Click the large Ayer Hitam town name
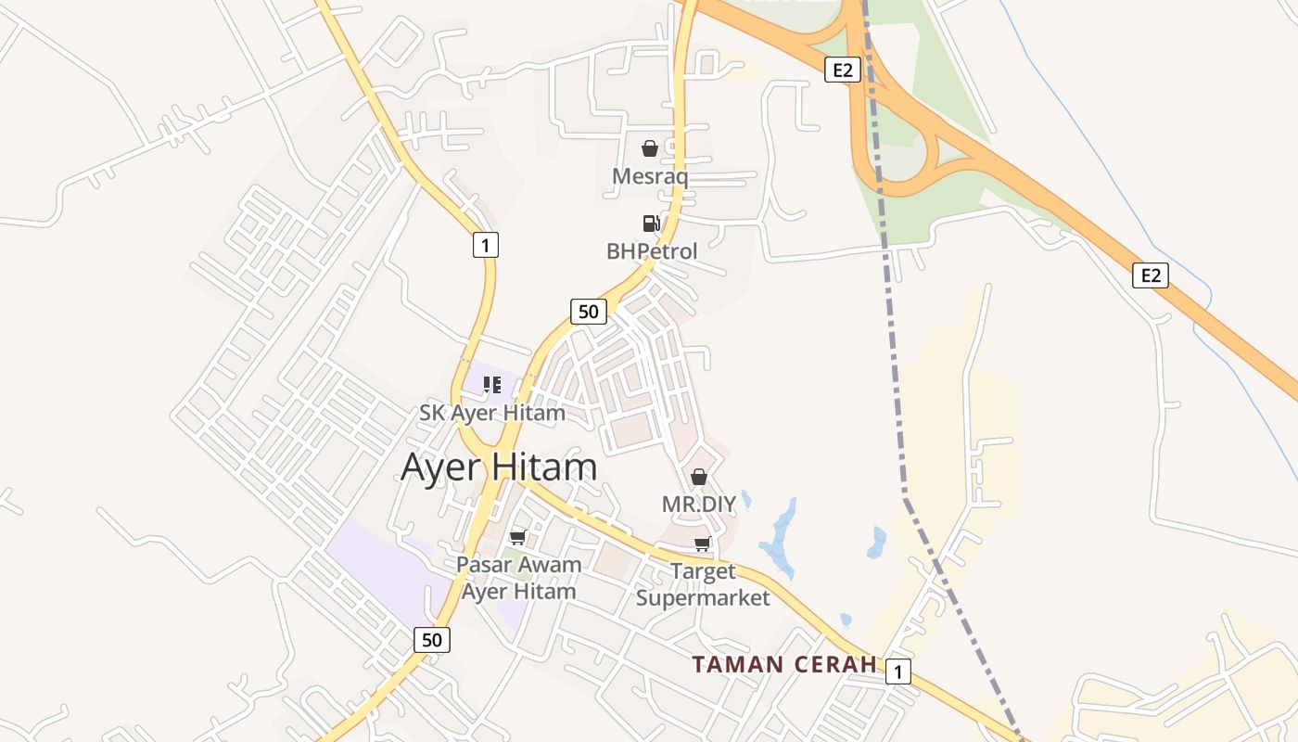(x=499, y=467)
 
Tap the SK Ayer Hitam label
(x=492, y=413)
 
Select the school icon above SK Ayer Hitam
(x=492, y=384)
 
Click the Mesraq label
(x=650, y=176)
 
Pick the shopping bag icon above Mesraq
(x=650, y=148)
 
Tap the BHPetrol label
(x=652, y=251)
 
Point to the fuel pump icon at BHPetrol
(x=651, y=224)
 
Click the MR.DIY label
(x=698, y=505)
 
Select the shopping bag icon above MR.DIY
(x=699, y=478)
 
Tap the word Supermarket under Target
(x=703, y=598)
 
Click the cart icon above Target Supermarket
(x=703, y=544)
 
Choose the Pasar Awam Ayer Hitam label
(x=519, y=578)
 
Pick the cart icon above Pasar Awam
(x=518, y=538)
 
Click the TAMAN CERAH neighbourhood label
(x=784, y=664)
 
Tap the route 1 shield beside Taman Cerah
(x=897, y=672)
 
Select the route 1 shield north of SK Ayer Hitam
(x=485, y=245)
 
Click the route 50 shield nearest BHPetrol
(x=589, y=312)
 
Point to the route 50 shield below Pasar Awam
(x=432, y=639)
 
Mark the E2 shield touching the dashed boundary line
(x=842, y=70)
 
